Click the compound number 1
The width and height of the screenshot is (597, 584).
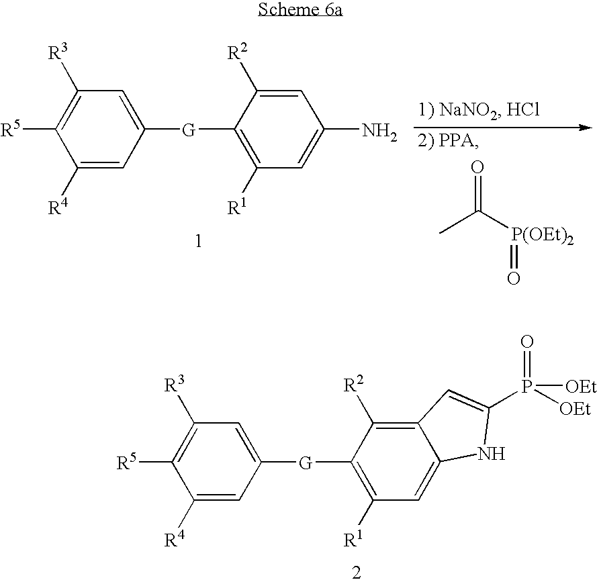(x=198, y=241)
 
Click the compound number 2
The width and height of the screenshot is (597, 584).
(x=356, y=573)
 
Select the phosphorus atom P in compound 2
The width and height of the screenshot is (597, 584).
(x=526, y=387)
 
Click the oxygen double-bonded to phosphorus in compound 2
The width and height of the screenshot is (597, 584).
(x=526, y=343)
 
